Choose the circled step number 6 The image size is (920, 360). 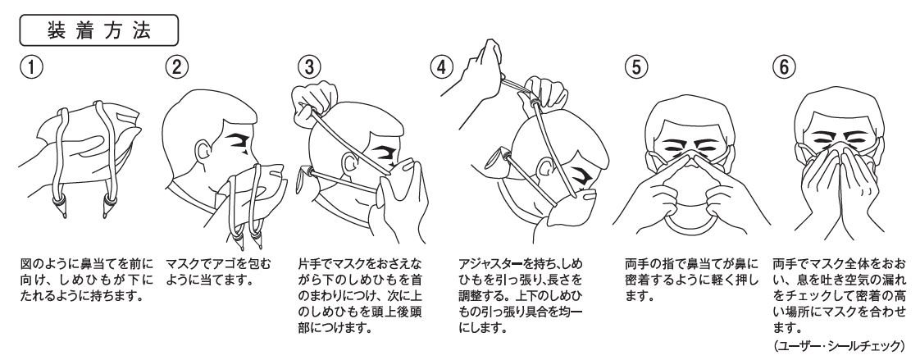(x=782, y=68)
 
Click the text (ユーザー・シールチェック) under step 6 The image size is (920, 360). (x=845, y=345)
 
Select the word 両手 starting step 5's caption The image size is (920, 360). (x=635, y=267)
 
